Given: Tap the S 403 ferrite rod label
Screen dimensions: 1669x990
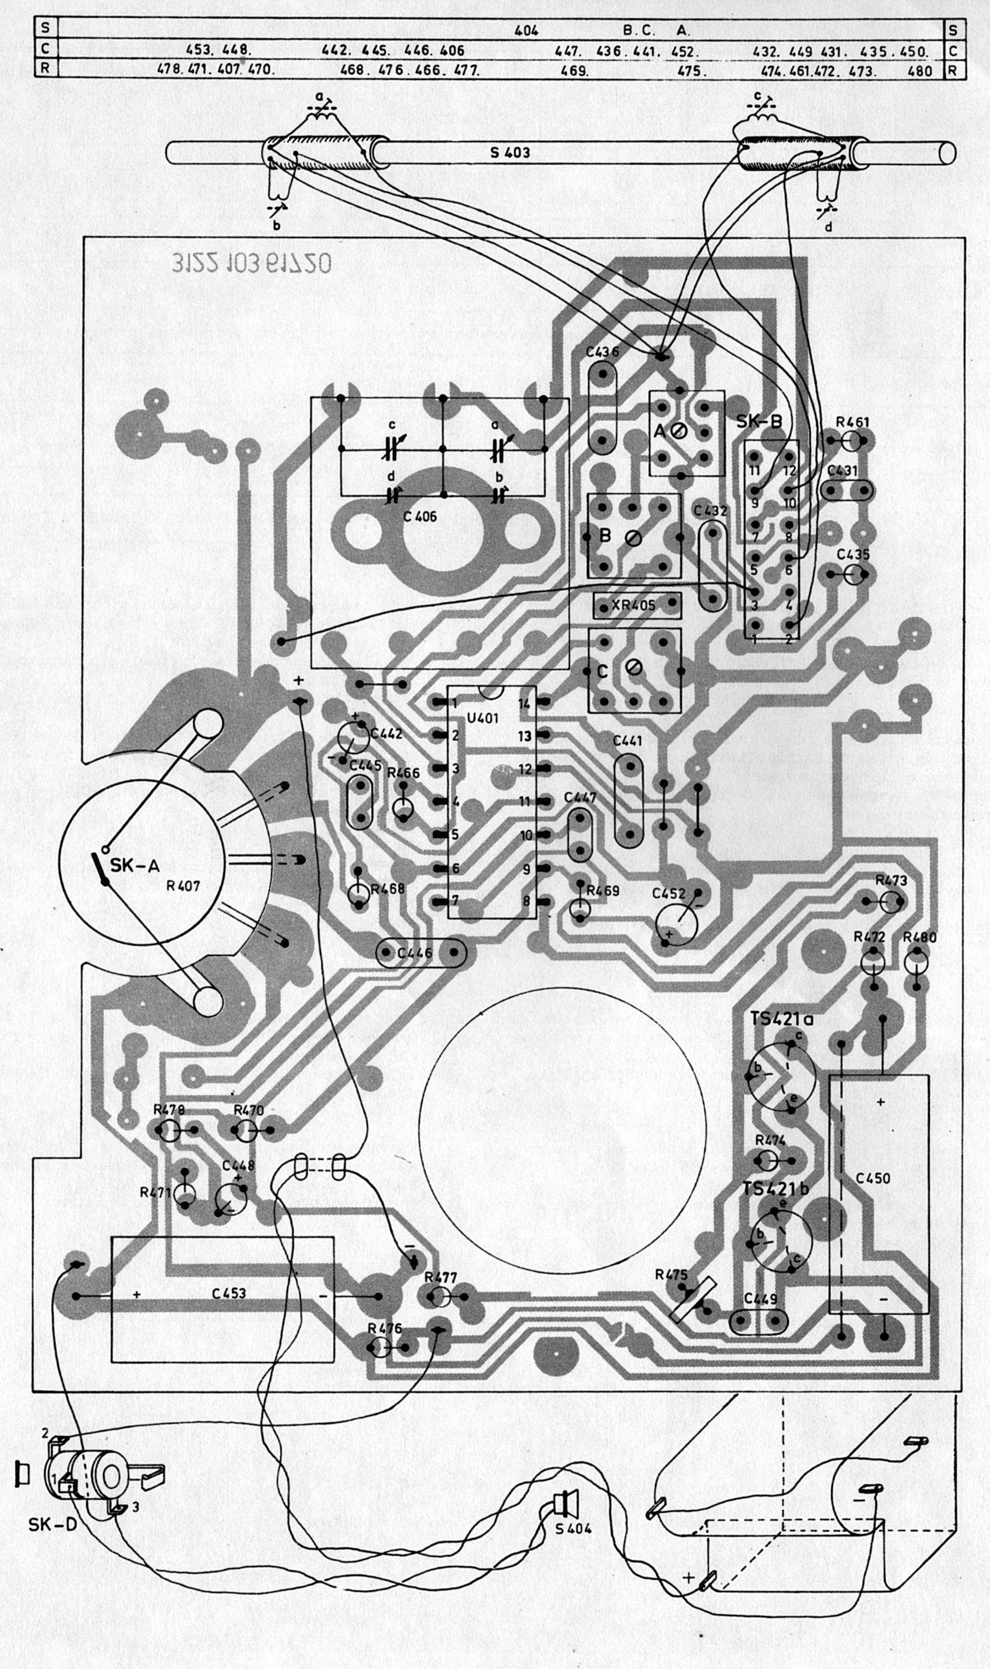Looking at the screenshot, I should [509, 153].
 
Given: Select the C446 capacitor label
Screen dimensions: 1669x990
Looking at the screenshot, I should [415, 953].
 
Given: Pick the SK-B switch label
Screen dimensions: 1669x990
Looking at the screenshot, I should [760, 422].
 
